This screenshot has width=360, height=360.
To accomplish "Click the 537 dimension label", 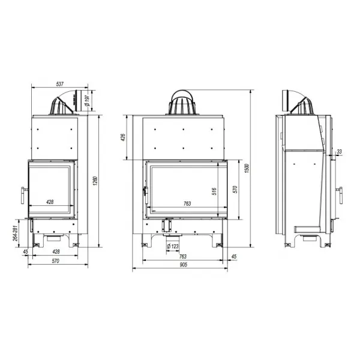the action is (59, 84).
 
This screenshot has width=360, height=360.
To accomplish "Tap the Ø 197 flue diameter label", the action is (88, 101).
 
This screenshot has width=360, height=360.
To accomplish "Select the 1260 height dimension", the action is (95, 181).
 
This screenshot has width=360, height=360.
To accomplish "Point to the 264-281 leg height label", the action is (15, 233).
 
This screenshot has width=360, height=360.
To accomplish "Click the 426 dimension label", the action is (123, 137).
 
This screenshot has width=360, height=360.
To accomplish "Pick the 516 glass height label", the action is (214, 191).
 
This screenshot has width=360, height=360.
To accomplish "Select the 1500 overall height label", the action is (247, 168).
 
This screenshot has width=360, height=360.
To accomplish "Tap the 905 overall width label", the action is (183, 265).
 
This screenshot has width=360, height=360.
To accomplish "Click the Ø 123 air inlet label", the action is (173, 247).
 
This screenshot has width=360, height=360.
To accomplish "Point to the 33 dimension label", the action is (339, 152).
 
